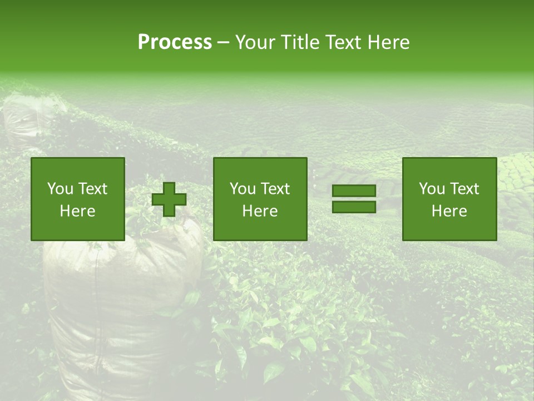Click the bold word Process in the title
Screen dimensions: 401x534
[175, 42]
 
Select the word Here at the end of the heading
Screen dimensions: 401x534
[387, 42]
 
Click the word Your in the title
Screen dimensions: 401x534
[255, 42]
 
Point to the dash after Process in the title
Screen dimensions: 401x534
[223, 43]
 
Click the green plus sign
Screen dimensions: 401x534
[169, 199]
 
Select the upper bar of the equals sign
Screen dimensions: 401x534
[354, 191]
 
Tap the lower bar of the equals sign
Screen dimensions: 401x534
[354, 207]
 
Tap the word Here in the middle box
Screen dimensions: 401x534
[260, 211]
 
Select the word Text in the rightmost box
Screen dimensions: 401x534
[464, 189]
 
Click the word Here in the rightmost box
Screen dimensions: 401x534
[449, 211]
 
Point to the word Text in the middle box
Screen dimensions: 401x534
[275, 189]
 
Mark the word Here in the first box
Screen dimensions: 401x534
[78, 211]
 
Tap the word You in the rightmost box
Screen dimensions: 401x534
[432, 189]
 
